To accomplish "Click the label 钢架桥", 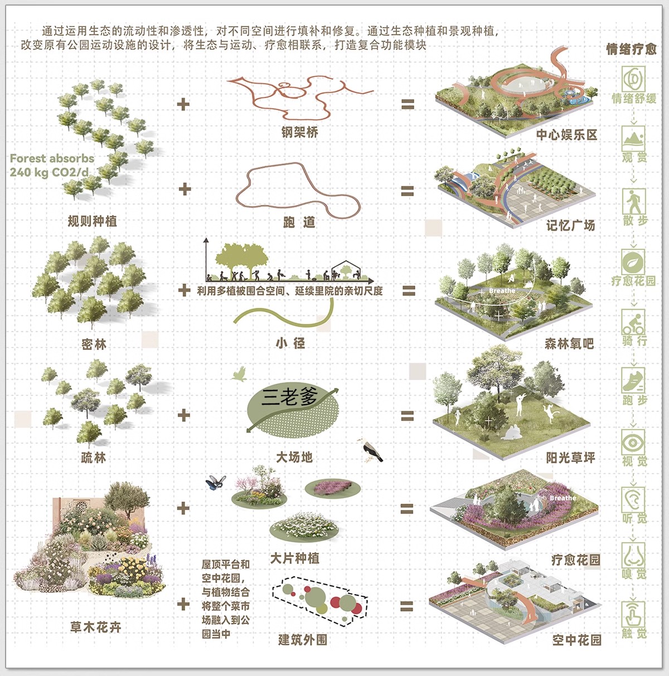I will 299,132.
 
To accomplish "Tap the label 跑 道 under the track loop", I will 299,222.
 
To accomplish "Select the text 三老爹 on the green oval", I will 289,397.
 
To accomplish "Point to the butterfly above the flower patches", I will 216,482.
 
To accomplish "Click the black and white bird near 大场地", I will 370,450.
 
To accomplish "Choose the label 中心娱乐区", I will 566,135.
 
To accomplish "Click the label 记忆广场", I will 570,226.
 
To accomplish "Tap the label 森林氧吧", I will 569,344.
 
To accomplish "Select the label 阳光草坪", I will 570,458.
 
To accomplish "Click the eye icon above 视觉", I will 633,442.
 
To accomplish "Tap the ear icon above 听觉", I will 633,499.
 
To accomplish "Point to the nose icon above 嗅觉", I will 633,556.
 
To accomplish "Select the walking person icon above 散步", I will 633,201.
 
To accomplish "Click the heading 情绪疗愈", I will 632,49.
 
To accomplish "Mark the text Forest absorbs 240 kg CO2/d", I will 52,166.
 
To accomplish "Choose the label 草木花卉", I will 95,628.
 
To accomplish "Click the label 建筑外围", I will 303,640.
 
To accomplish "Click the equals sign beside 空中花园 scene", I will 407,606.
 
